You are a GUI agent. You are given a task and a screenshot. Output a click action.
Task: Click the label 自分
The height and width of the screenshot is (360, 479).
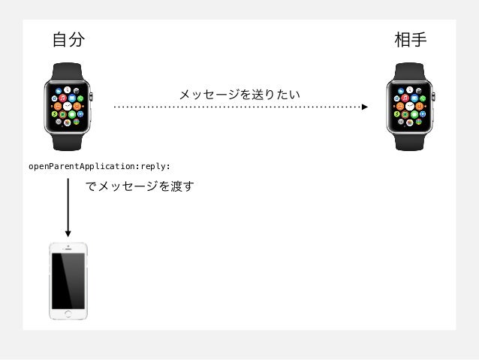pos(68,40)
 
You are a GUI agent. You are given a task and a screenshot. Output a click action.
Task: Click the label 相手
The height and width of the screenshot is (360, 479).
pos(411,40)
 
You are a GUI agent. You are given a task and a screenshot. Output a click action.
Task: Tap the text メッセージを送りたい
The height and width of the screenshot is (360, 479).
pos(239,95)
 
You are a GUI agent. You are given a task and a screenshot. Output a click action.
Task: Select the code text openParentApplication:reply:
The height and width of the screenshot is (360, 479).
pos(99,166)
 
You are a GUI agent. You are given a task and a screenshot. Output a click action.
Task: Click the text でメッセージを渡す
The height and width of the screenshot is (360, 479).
pos(139,186)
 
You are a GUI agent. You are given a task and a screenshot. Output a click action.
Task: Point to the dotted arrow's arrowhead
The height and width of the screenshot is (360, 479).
pos(365,107)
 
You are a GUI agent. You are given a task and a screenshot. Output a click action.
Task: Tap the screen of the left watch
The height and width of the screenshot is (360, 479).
pos(68,107)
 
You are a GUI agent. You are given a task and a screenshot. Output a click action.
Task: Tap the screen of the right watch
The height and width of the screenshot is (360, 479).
pos(411,107)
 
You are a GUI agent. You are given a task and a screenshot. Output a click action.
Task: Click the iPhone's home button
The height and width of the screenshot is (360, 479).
pos(68,313)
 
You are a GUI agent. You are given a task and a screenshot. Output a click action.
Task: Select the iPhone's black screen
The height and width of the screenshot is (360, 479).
pos(68,278)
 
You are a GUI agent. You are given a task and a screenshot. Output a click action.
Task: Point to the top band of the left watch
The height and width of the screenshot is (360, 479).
pos(68,71)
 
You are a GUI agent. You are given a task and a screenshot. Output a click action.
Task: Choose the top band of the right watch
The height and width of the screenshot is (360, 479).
pos(411,71)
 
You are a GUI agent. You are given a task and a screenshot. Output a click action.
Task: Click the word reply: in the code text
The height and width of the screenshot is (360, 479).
pos(156,166)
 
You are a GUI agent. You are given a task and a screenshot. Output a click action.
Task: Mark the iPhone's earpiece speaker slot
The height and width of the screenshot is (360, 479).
pos(68,248)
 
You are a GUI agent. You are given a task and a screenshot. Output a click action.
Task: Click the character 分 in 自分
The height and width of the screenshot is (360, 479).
pos(76,40)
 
